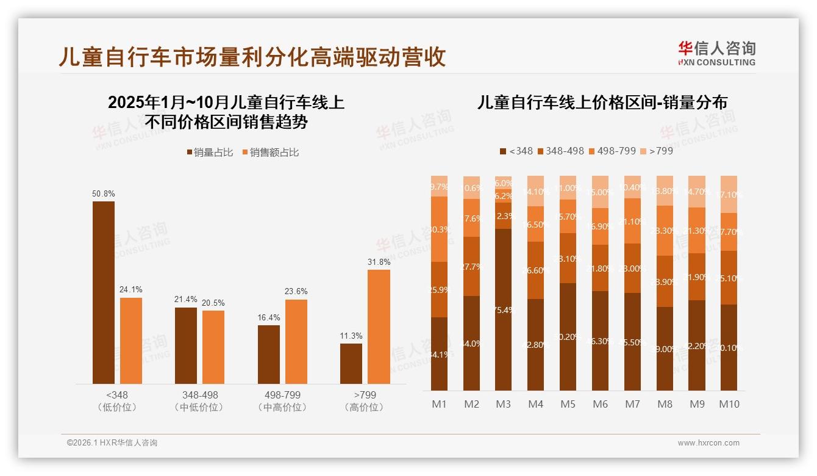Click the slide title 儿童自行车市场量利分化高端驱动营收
pyautogui.click(x=252, y=57)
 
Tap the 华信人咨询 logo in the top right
pyautogui.click(x=716, y=53)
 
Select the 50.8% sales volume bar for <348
pyautogui.click(x=104, y=292)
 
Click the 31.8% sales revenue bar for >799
pyautogui.click(x=379, y=326)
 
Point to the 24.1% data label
pyautogui.click(x=131, y=290)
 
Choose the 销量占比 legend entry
pyautogui.click(x=210, y=153)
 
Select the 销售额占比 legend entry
pyautogui.click(x=271, y=153)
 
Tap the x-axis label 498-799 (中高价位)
pyautogui.click(x=282, y=401)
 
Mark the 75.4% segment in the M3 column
pyautogui.click(x=504, y=309)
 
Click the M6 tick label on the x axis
pyautogui.click(x=601, y=404)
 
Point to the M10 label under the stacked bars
pyautogui.click(x=729, y=404)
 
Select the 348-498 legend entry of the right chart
pyautogui.click(x=560, y=151)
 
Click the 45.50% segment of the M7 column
pyautogui.click(x=633, y=342)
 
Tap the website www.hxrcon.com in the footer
pyautogui.click(x=708, y=443)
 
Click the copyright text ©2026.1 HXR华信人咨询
pyautogui.click(x=112, y=443)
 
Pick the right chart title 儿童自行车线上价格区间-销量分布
pyautogui.click(x=602, y=103)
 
